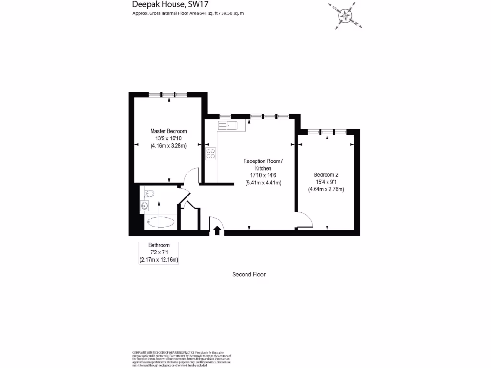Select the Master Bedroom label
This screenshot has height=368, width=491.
point(168,131)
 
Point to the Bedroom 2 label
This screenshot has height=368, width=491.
point(326,175)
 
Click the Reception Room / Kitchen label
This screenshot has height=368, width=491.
point(263,165)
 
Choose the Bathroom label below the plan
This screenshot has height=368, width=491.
point(159,245)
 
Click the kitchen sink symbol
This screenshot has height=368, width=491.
point(227,126)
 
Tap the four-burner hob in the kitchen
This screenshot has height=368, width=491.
point(210,153)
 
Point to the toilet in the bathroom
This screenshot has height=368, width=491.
point(150,193)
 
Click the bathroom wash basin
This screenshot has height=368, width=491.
point(144,207)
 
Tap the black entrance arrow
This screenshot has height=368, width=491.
point(217,230)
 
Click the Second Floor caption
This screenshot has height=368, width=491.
point(249,275)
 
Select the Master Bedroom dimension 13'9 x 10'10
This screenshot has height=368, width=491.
point(168,138)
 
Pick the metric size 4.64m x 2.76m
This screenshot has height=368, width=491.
point(326,189)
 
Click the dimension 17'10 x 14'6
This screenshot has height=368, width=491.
point(263,175)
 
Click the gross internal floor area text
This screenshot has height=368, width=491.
point(188,13)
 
